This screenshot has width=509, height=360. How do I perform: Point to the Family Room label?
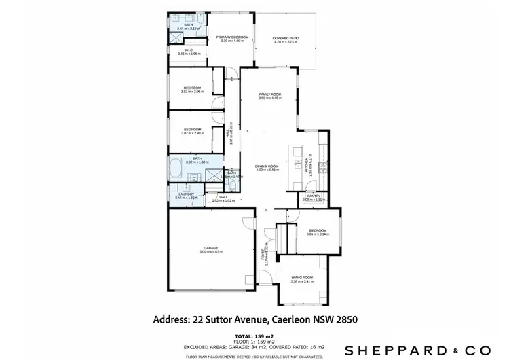(x=269, y=94)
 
